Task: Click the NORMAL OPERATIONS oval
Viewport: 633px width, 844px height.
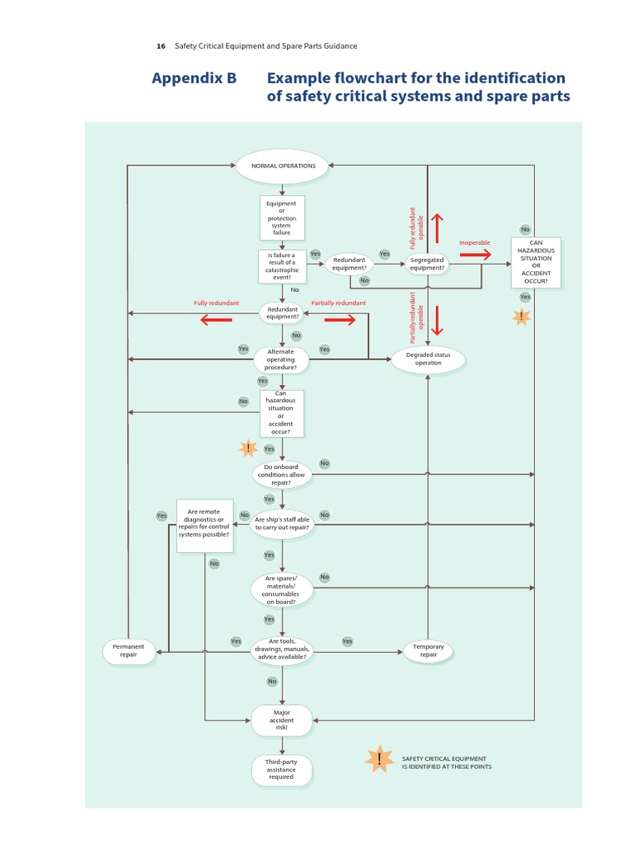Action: tap(282, 166)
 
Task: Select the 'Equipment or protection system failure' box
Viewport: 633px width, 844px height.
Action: tap(282, 218)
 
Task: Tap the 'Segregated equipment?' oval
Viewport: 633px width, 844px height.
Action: tap(427, 264)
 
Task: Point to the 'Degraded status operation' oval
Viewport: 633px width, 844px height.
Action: tap(429, 359)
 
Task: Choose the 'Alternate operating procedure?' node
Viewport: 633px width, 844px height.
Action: tap(281, 359)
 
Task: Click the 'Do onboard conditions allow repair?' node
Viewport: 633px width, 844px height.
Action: tap(281, 474)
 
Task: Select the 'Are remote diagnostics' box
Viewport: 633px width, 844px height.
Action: tap(204, 525)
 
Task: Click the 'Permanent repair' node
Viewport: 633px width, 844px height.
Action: tap(128, 651)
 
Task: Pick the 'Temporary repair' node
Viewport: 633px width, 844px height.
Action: tap(428, 651)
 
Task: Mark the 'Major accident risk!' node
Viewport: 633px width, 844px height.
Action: tap(281, 720)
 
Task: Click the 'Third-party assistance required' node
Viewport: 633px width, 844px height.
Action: tap(281, 769)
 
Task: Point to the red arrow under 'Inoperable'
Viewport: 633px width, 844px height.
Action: tap(475, 256)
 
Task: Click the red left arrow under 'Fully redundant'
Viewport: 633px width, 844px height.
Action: tap(216, 320)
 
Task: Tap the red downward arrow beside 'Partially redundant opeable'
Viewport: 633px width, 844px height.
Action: tap(438, 320)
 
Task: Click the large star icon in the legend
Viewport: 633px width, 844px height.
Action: tap(379, 760)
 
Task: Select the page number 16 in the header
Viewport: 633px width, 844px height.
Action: tap(161, 46)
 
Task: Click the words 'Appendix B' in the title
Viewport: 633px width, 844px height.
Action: tap(194, 78)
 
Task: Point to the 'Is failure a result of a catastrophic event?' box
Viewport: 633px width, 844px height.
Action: tap(281, 266)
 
